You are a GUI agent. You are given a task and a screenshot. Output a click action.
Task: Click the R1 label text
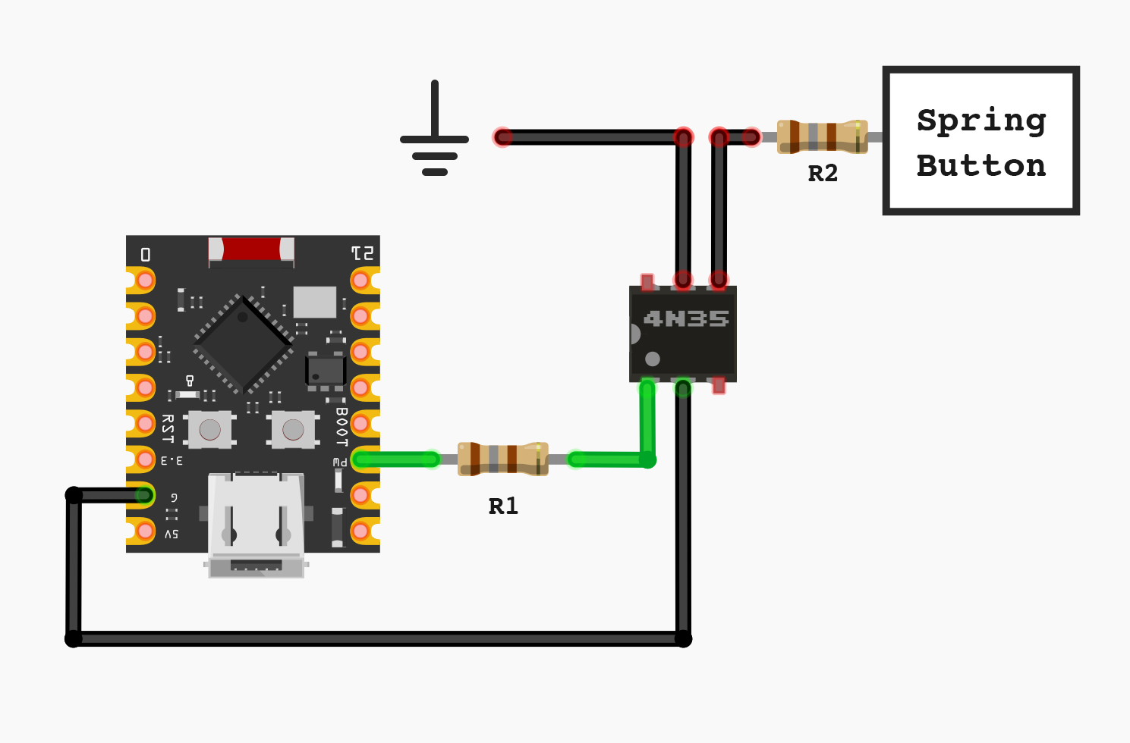pyautogui.click(x=503, y=506)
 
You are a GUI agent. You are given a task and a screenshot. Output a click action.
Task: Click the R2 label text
pyautogui.click(x=823, y=174)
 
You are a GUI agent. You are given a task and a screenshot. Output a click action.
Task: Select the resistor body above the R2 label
pyautogui.click(x=822, y=137)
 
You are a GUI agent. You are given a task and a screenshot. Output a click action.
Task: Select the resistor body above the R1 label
pyautogui.click(x=502, y=459)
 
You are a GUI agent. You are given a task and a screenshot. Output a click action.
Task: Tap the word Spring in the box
pyautogui.click(x=980, y=120)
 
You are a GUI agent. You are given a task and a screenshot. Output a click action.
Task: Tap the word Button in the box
pyautogui.click(x=980, y=165)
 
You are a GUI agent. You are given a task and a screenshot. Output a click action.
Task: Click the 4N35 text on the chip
pyautogui.click(x=685, y=319)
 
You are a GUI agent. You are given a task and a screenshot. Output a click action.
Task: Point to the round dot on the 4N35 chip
pyautogui.click(x=653, y=359)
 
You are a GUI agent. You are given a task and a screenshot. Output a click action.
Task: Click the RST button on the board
pyautogui.click(x=210, y=430)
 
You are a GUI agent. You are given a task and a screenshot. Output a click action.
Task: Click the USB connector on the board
pyautogui.click(x=256, y=523)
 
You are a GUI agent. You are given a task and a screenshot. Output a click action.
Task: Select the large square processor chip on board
pyautogui.click(x=243, y=343)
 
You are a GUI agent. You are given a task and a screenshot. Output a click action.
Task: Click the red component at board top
pyautogui.click(x=251, y=249)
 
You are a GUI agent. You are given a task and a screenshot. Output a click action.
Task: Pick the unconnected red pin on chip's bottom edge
pyautogui.click(x=719, y=387)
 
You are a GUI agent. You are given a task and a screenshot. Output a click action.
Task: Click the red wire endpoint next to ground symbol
pyautogui.click(x=502, y=137)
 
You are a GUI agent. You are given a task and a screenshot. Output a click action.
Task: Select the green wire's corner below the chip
pyautogui.click(x=647, y=459)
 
